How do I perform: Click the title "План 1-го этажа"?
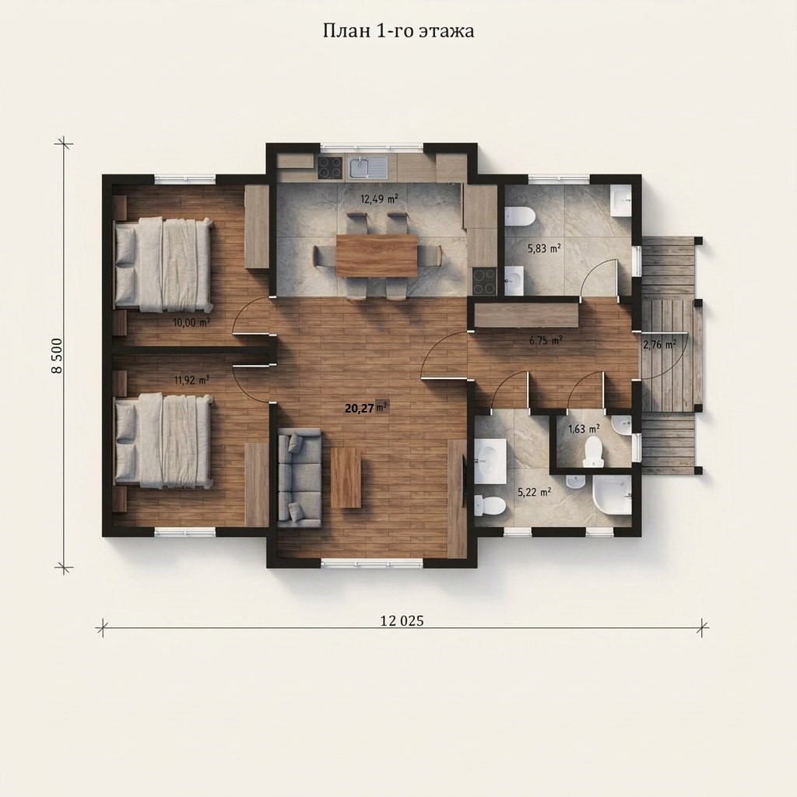pos(398,31)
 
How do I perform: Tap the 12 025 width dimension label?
pos(402,620)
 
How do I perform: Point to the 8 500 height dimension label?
pos(57,355)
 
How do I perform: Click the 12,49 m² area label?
pos(379,198)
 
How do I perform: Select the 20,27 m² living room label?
pos(366,408)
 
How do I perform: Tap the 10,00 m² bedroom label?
pos(191,322)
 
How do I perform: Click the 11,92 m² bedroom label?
pos(191,380)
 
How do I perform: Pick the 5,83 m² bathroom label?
pos(544,248)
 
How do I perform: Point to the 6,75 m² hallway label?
pos(546,341)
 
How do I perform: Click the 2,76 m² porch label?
pos(659,345)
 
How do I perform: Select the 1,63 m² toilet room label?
pos(584,429)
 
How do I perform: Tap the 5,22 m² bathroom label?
pos(535,492)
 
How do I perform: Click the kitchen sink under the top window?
pos(368,167)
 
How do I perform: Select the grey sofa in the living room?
pos(300,478)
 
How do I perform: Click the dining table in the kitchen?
pos(377,255)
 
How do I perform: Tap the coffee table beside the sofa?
pos(346,477)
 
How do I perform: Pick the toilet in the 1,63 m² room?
pos(592,451)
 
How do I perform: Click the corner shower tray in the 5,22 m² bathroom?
pos(612,495)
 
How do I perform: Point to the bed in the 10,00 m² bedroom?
pos(163,265)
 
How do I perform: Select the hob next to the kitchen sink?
pos(330,168)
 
